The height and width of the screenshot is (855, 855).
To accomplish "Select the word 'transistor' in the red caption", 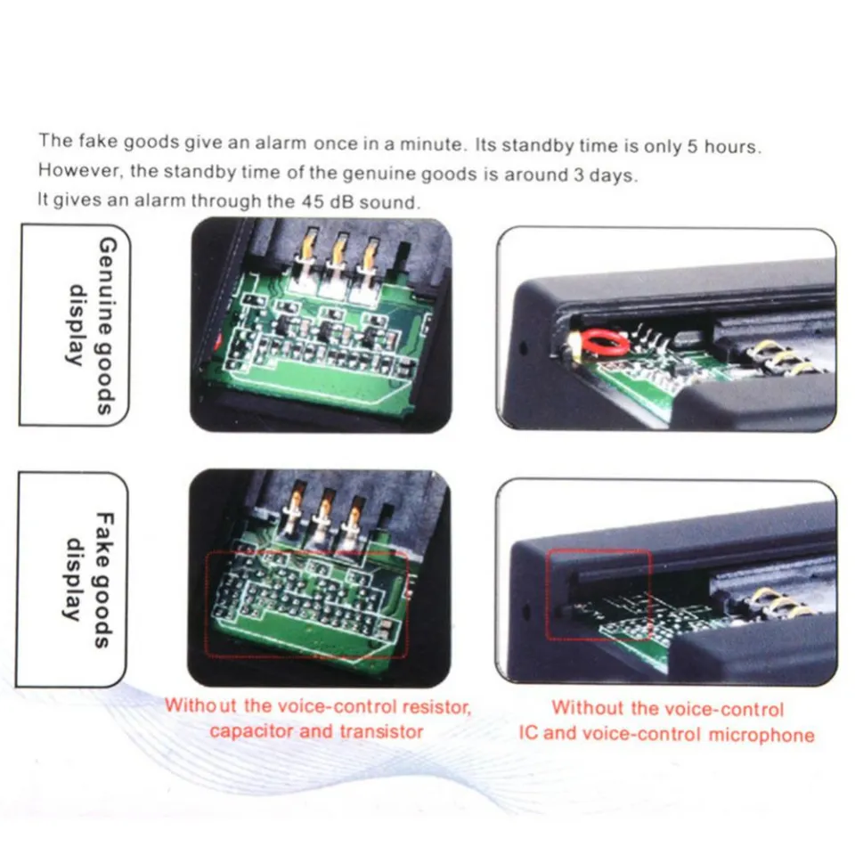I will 381,732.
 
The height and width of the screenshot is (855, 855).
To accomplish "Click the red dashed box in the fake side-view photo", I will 598,594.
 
